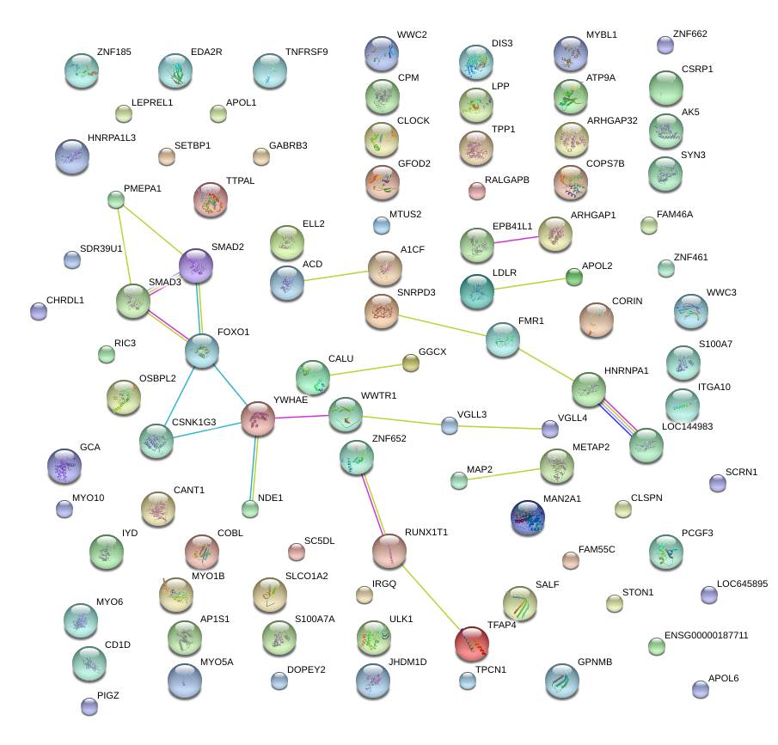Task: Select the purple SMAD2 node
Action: point(196,266)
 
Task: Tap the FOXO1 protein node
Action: point(202,351)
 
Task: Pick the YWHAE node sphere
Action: point(257,418)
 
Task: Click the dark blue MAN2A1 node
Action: point(527,517)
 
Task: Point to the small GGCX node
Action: point(411,363)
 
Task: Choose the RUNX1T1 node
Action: point(389,550)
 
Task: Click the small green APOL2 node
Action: point(573,277)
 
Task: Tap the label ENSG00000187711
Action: point(708,636)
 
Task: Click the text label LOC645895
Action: point(742,584)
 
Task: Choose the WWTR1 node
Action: point(346,413)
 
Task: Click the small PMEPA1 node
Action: point(116,200)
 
